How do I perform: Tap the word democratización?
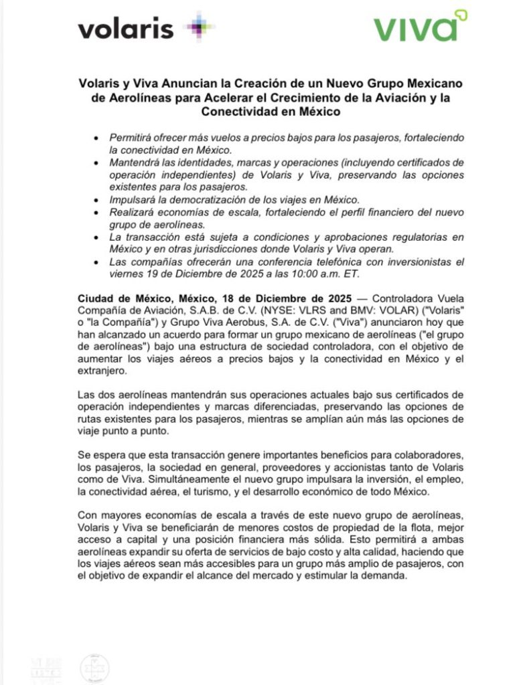[226, 200]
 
